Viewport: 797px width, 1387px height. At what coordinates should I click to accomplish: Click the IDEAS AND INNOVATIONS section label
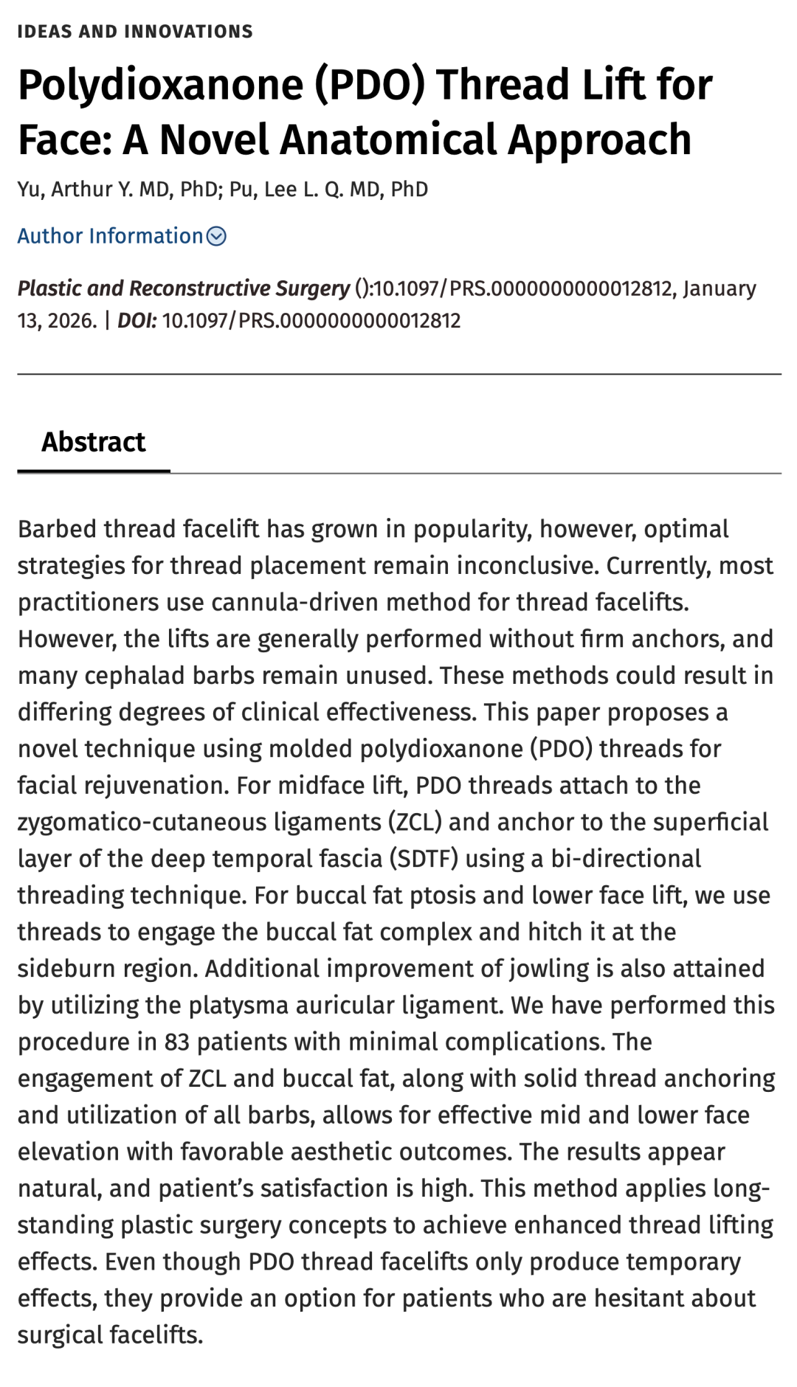tap(135, 32)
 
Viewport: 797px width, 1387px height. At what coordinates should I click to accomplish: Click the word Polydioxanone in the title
tap(160, 85)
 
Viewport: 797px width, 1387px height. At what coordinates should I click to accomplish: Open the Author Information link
tap(110, 236)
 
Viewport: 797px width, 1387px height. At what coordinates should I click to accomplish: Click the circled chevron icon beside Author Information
tap(216, 236)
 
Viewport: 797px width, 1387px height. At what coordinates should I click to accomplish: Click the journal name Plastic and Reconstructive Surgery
tap(183, 288)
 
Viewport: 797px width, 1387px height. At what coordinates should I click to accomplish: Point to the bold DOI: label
tap(137, 321)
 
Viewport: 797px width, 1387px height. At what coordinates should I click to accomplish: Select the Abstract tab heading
tap(94, 442)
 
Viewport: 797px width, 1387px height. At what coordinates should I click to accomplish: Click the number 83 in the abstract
tap(177, 1042)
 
